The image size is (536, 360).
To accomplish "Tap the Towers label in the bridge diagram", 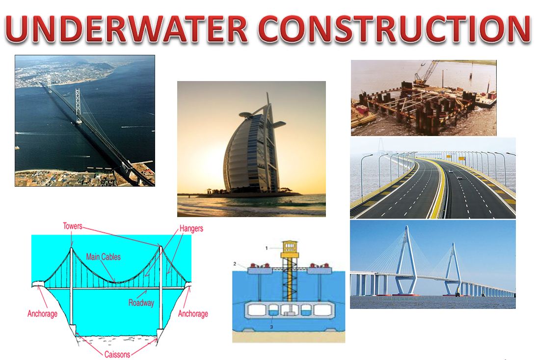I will coord(73,226).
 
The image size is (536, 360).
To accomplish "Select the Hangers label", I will coord(191,228).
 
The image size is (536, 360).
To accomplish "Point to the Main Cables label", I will coord(103,256).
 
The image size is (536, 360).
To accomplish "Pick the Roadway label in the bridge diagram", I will coord(141,303).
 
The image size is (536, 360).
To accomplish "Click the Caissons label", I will coord(117,354).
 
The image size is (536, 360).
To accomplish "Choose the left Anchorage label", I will coord(43,314).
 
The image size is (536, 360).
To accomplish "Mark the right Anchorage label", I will coord(193,314).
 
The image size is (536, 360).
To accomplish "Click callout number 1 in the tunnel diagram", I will coord(267,248).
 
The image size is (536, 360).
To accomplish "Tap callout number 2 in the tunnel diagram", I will coord(235,264).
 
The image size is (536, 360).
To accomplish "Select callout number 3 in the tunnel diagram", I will coord(271,326).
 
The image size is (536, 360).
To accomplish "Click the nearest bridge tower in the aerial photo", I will coord(78,106).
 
